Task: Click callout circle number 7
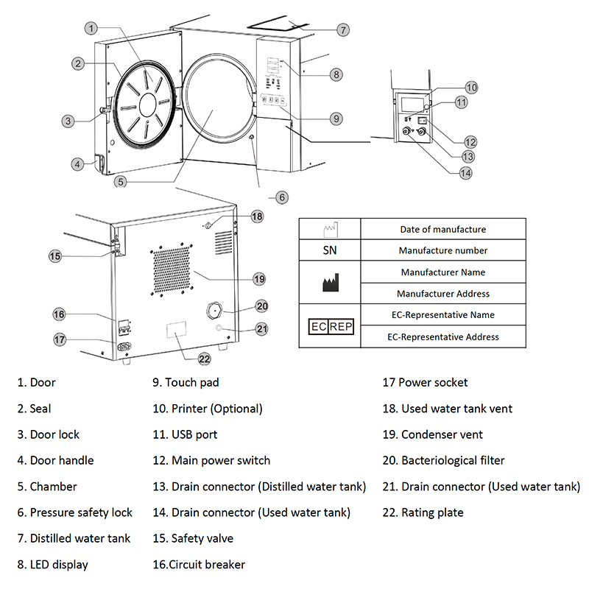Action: (x=343, y=30)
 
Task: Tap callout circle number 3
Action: (x=68, y=121)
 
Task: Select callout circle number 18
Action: (x=256, y=216)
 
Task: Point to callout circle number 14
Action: (x=465, y=173)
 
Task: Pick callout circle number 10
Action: (x=471, y=88)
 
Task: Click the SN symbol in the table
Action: (x=330, y=250)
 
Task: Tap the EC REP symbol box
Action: (x=330, y=325)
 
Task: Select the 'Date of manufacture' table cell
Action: (x=442, y=229)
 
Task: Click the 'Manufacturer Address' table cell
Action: (x=442, y=294)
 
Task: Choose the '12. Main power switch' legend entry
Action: (x=211, y=460)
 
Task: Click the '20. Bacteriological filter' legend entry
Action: (x=443, y=460)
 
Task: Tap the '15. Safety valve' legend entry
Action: (x=192, y=538)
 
